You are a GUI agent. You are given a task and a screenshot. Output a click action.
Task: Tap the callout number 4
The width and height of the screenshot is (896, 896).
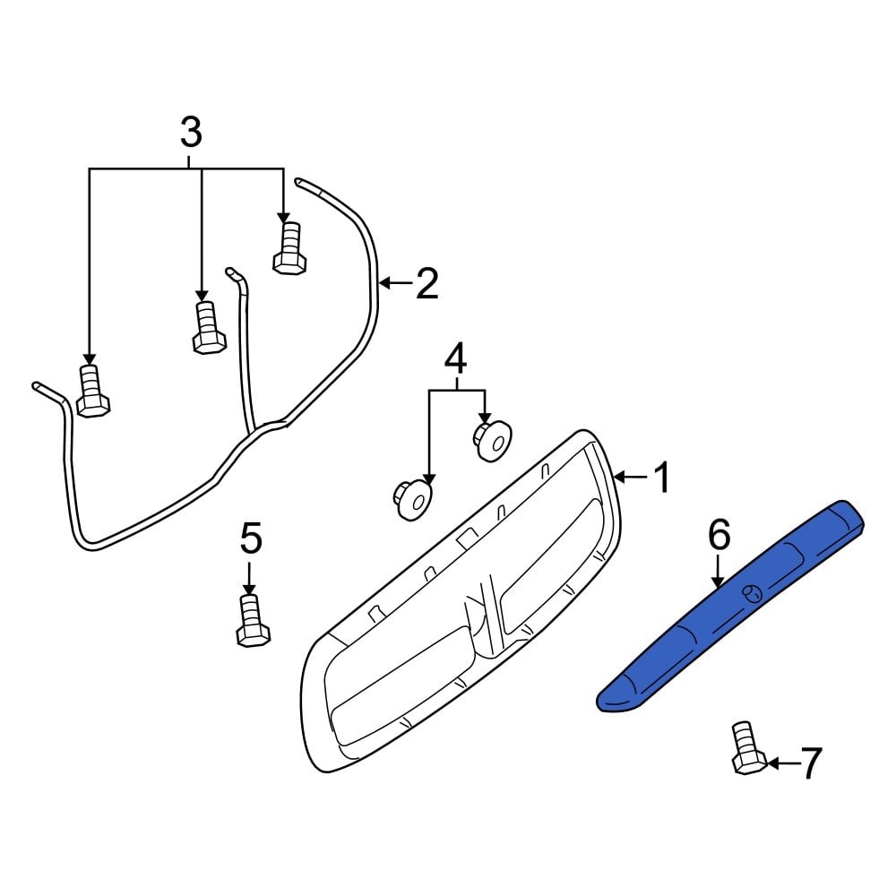455,359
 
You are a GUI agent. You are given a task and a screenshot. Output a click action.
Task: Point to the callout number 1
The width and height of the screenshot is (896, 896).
660,478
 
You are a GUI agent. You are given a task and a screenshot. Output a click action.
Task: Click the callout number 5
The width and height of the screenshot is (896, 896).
250,539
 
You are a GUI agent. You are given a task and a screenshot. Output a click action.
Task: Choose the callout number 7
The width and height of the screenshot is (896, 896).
809,763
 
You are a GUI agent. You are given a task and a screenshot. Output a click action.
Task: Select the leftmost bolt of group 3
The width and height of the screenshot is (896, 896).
91,392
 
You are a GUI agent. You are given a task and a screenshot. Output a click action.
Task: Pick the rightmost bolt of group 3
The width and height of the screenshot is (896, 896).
289,248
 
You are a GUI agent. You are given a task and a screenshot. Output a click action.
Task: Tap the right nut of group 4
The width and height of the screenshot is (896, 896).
490,440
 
